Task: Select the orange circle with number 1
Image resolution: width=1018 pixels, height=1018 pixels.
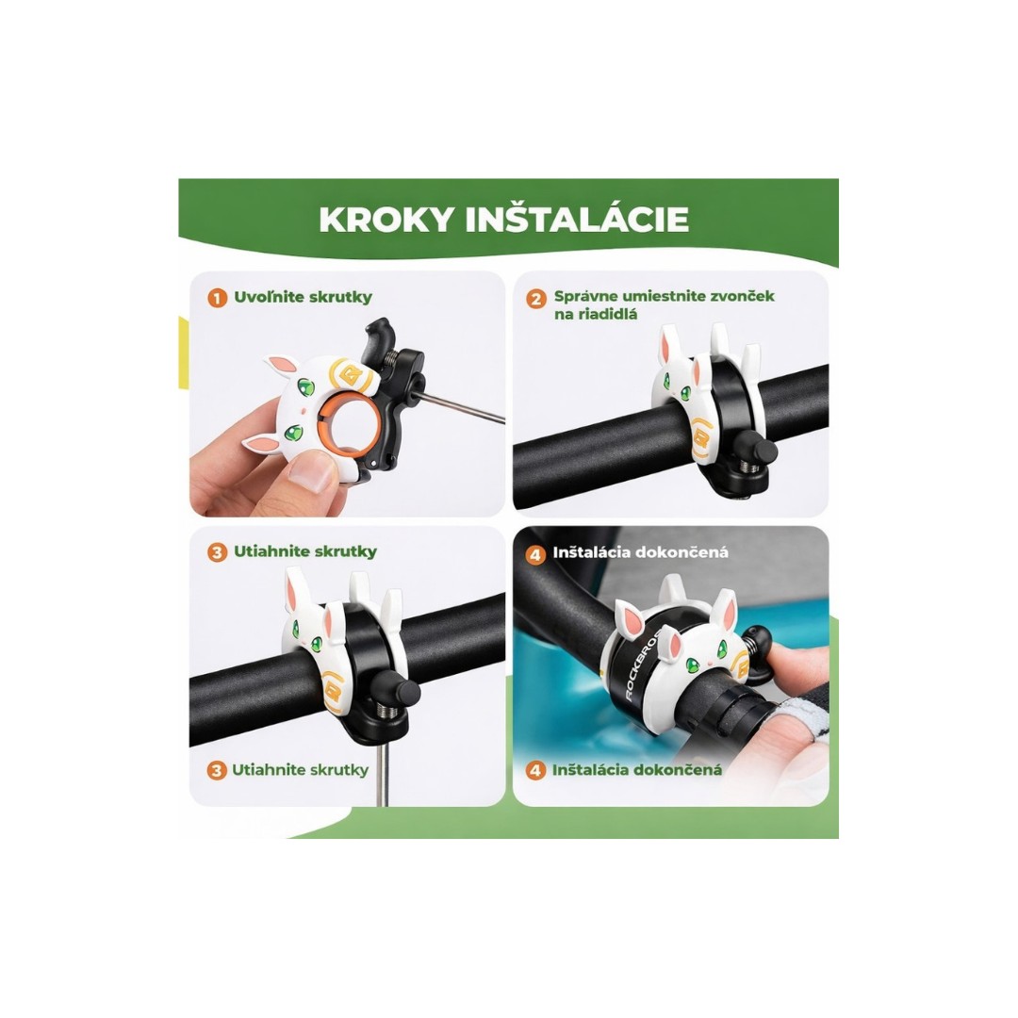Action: [x=217, y=299]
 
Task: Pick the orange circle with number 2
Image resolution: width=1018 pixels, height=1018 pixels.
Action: [x=536, y=299]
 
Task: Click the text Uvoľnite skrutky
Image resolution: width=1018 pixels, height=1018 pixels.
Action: [x=304, y=297]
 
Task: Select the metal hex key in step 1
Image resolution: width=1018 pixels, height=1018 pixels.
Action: [x=458, y=406]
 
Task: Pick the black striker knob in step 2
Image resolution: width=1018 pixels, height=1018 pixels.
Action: [x=760, y=449]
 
